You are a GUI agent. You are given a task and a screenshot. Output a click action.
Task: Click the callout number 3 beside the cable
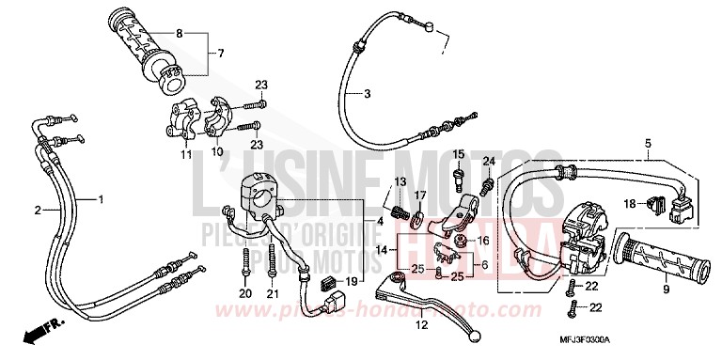[368, 94]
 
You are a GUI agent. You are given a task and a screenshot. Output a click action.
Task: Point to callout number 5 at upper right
[648, 144]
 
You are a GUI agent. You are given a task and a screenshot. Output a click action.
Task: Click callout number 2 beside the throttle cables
[39, 211]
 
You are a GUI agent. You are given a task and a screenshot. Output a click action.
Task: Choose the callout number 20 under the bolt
[244, 294]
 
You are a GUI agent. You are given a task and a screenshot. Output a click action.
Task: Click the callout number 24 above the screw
[488, 162]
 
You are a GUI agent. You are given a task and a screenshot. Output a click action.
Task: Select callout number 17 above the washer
[420, 196]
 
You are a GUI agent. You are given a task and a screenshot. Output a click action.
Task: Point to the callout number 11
[186, 152]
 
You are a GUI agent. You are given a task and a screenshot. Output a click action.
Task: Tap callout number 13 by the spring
[399, 181]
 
